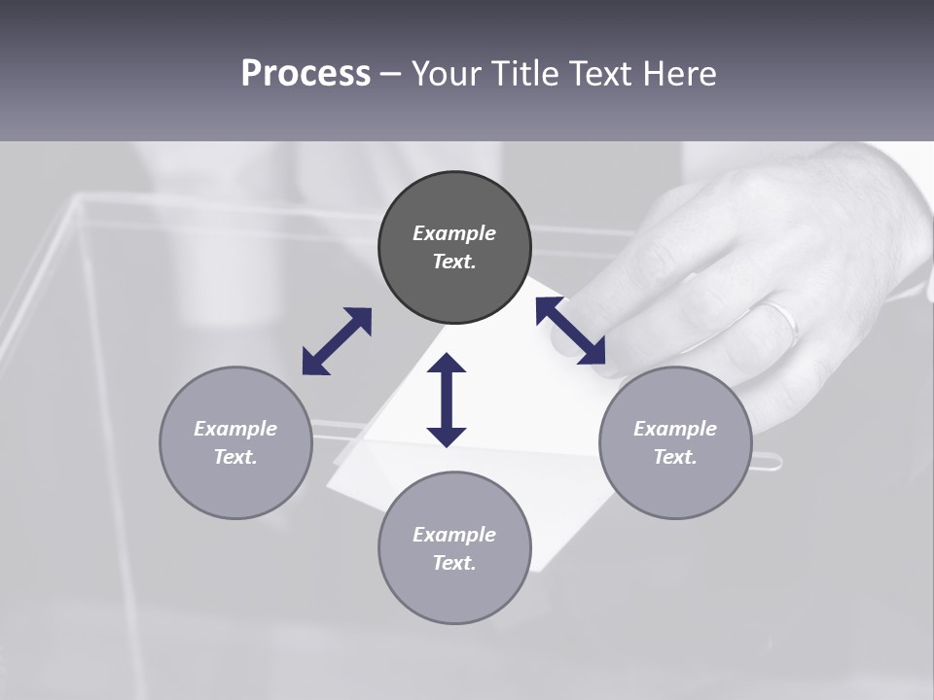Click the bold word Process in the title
coord(305,74)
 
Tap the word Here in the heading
coord(680,74)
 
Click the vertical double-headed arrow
coord(447,400)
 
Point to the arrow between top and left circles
coord(337,341)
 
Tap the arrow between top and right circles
coord(570,331)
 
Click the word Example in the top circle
coord(454,233)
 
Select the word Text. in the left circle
coord(235,457)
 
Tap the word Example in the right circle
coord(675,429)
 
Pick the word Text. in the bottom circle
coord(454,563)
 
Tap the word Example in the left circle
coord(235,429)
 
